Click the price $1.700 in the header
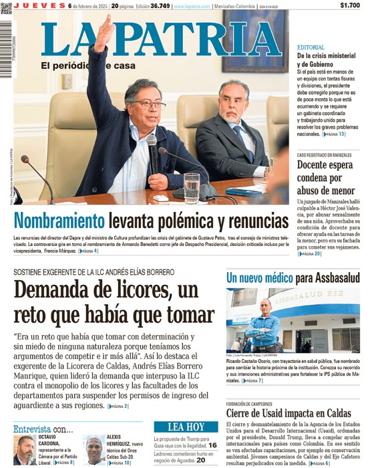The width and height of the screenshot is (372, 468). [x=349, y=5]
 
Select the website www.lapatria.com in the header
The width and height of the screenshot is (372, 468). [x=192, y=6]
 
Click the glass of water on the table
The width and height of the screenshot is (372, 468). [x=192, y=187]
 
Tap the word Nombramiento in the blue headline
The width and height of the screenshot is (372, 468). [x=59, y=221]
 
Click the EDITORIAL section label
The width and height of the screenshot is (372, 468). [x=311, y=47]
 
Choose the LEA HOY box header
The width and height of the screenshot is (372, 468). [x=186, y=427]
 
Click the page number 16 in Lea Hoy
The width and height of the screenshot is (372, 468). [x=212, y=445]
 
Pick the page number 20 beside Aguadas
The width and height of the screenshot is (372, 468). [x=201, y=460]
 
